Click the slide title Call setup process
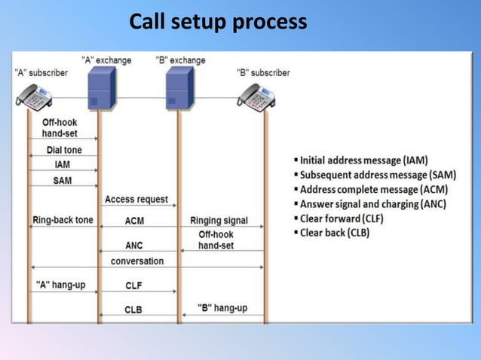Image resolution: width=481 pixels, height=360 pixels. click(218, 22)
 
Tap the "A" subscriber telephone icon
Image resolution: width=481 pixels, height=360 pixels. click(35, 96)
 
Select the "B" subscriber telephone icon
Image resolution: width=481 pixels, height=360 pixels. click(256, 96)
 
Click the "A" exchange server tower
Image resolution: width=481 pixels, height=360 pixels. click(101, 88)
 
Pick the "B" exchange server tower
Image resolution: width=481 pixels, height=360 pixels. click(179, 88)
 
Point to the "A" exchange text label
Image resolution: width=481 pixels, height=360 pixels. click(106, 60)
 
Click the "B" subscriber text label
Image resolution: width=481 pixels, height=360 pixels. click(263, 73)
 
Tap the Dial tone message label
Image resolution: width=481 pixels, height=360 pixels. click(64, 150)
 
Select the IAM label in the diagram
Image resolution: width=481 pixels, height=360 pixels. click(63, 164)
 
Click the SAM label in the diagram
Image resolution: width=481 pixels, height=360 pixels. click(63, 181)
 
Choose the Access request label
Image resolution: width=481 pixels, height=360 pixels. click(136, 200)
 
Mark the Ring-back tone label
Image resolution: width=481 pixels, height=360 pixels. click(63, 221)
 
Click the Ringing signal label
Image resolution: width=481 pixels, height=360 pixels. click(219, 221)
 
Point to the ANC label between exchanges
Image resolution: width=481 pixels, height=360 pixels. click(134, 246)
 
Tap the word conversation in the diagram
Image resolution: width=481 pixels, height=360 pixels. click(137, 261)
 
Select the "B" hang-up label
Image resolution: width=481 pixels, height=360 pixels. click(222, 307)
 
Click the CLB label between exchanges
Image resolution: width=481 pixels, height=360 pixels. click(133, 310)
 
